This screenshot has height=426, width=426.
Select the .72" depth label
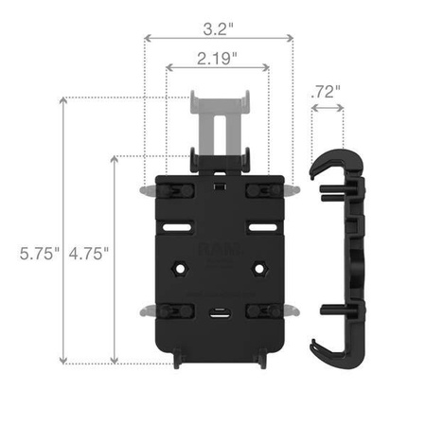(325, 92)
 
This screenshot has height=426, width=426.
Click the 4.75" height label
(89, 253)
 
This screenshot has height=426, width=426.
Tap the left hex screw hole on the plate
(176, 270)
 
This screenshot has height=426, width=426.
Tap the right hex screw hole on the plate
(257, 270)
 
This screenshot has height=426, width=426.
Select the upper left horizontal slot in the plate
(176, 228)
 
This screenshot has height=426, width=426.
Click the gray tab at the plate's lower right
(293, 310)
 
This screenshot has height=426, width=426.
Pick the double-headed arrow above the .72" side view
(328, 109)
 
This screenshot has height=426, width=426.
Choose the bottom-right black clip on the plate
(260, 310)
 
